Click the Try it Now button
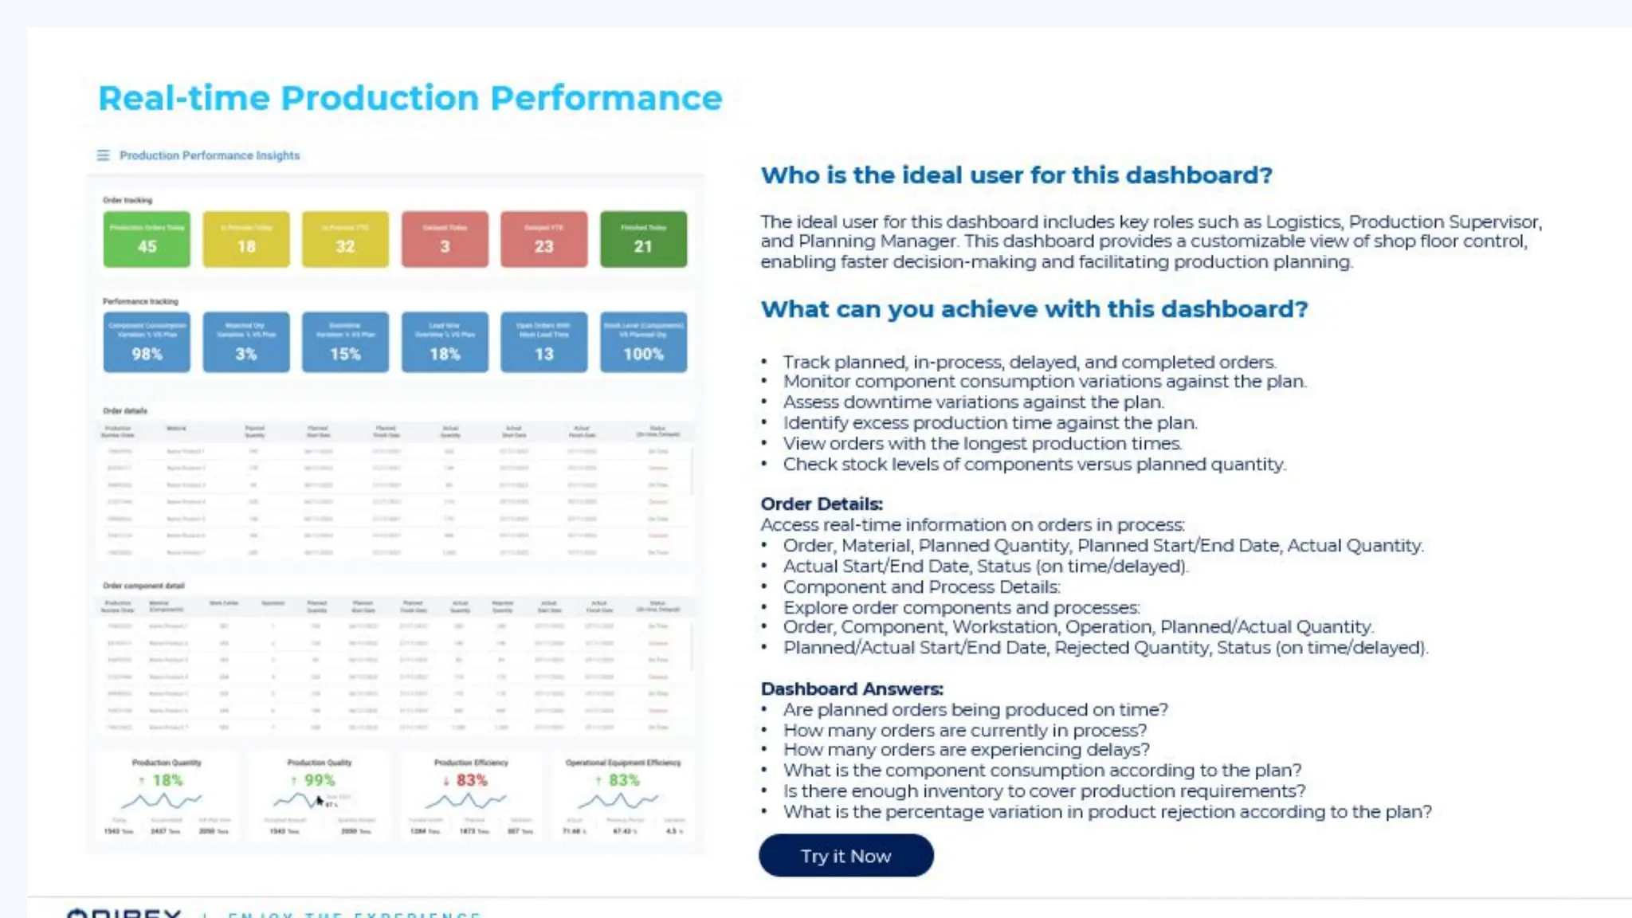(845, 856)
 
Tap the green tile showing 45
(147, 239)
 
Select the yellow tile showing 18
(246, 239)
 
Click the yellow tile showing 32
(345, 239)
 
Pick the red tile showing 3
(445, 239)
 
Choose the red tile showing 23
(543, 239)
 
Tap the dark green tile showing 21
(643, 239)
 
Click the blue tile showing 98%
(147, 343)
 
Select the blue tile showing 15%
(345, 343)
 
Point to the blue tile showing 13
(543, 343)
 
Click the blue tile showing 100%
(643, 343)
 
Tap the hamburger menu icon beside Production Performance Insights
(103, 155)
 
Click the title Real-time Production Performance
(410, 98)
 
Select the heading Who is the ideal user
(1016, 175)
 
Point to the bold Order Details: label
(822, 504)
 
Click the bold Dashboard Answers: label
(852, 688)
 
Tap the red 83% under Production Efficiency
(470, 780)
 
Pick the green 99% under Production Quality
(319, 780)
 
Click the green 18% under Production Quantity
(167, 780)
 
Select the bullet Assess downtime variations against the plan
(973, 402)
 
